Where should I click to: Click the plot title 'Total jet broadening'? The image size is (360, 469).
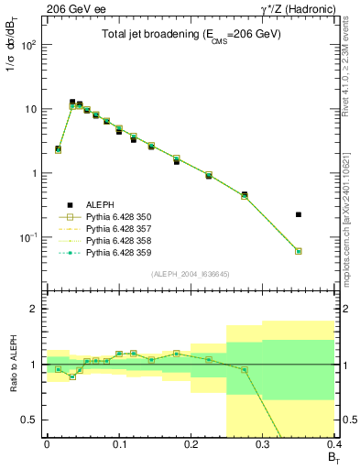pos(191,34)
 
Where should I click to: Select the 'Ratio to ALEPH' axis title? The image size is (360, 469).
pos(14,365)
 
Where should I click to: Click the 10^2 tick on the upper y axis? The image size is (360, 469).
pos(31,44)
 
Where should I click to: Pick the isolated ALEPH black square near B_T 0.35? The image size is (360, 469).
pos(299,214)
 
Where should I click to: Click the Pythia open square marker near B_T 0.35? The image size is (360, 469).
pos(299,251)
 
